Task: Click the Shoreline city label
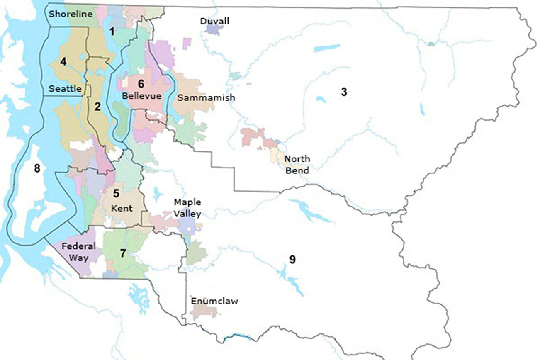(x=70, y=14)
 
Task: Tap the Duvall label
(x=214, y=21)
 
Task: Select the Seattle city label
(x=65, y=89)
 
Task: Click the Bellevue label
(x=141, y=96)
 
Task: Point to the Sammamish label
(x=206, y=98)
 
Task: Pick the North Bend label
(x=297, y=165)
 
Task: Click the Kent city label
(x=122, y=208)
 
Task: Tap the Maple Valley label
(x=187, y=208)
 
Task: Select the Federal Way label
(x=78, y=252)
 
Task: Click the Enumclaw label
(x=214, y=301)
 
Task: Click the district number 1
(x=112, y=31)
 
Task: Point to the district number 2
(x=97, y=107)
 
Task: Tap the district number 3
(x=344, y=92)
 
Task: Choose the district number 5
(x=117, y=193)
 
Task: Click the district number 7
(x=123, y=253)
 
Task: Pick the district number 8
(x=37, y=169)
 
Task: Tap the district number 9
(x=292, y=260)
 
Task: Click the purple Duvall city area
(x=215, y=30)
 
